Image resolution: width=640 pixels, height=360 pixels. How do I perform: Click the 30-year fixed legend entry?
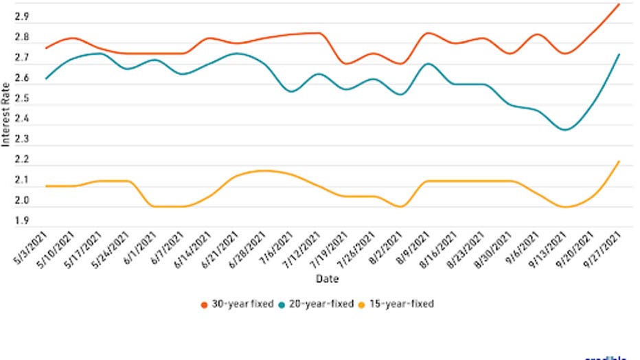233,303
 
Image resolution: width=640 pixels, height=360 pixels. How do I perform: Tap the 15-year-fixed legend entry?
401,303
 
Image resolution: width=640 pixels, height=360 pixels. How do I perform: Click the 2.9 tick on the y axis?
22,17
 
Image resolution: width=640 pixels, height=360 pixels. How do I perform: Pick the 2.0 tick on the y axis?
22,201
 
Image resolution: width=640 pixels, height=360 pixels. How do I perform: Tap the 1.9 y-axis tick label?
22,221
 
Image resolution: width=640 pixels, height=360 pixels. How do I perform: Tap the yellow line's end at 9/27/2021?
619,161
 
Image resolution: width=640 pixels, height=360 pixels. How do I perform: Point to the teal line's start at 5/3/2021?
45,79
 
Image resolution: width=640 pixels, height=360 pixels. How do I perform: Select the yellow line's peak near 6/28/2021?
265,170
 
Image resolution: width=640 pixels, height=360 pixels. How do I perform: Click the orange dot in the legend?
204,304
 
